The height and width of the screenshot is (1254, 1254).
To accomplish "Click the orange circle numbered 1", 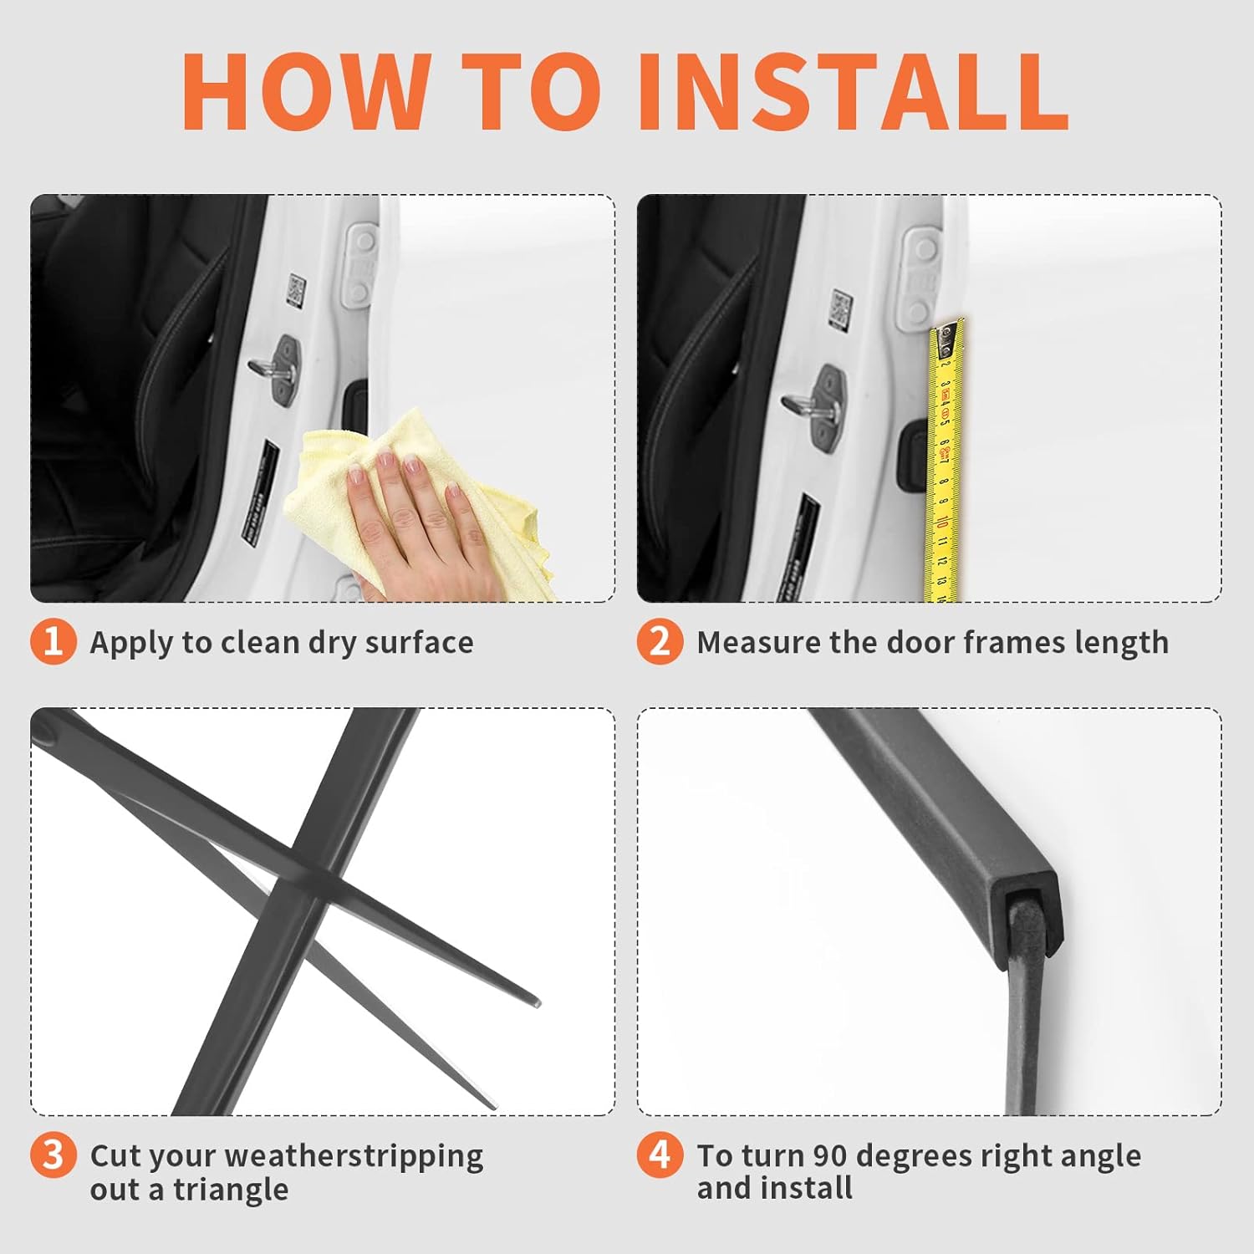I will (x=53, y=641).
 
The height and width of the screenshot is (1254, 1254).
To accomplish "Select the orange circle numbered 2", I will (x=660, y=641).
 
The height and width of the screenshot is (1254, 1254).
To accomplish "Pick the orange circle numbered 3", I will (x=53, y=1155).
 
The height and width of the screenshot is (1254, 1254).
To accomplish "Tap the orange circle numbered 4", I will (x=660, y=1155).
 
